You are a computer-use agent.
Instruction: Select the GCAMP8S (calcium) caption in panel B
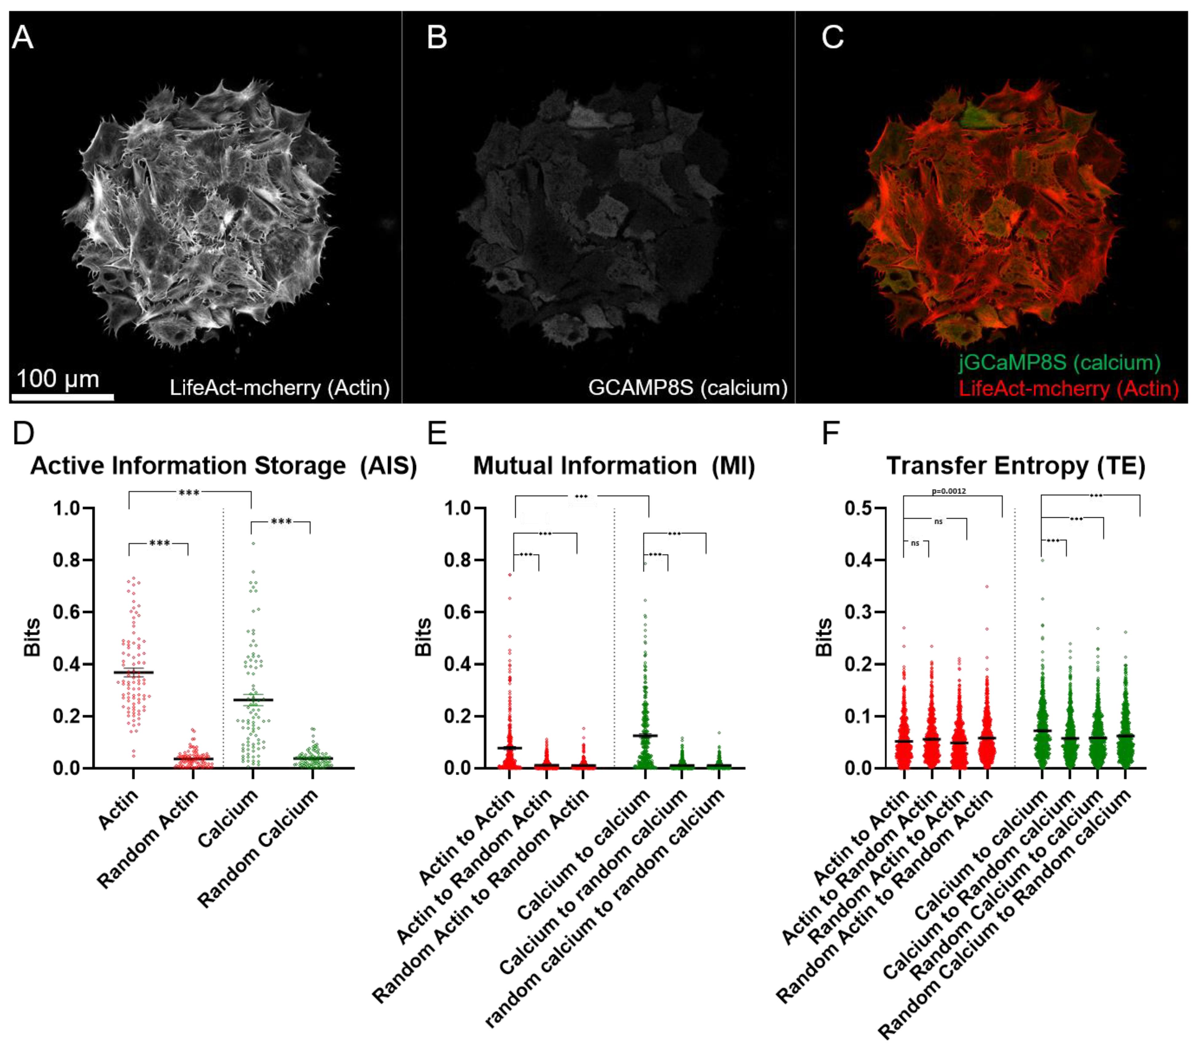click(x=687, y=387)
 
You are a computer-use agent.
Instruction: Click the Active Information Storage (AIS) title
click(x=224, y=466)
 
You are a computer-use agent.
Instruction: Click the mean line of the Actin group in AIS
click(x=133, y=672)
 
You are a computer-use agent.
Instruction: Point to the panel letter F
click(x=830, y=433)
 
